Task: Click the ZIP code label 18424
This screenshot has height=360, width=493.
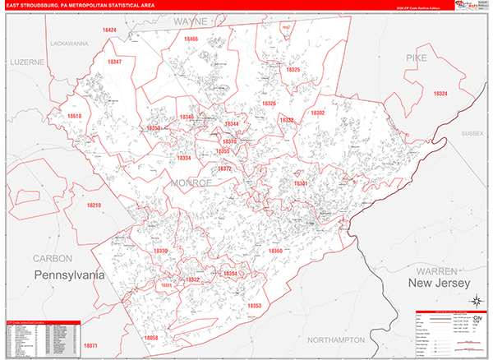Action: click(109, 30)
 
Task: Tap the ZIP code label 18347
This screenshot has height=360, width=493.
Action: click(114, 62)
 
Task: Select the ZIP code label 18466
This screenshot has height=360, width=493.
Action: click(191, 39)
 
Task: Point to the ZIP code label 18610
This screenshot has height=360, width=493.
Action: click(75, 117)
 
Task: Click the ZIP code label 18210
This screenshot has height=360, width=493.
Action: click(92, 205)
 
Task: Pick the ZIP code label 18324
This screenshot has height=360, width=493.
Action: click(440, 94)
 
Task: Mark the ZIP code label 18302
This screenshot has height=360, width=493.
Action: click(317, 113)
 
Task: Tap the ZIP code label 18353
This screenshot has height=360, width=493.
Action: click(254, 306)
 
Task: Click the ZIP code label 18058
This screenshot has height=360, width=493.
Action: click(152, 338)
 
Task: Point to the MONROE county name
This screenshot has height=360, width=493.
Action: click(191, 182)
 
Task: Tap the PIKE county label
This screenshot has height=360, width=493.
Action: click(417, 58)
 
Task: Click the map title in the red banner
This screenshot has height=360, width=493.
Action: click(81, 5)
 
